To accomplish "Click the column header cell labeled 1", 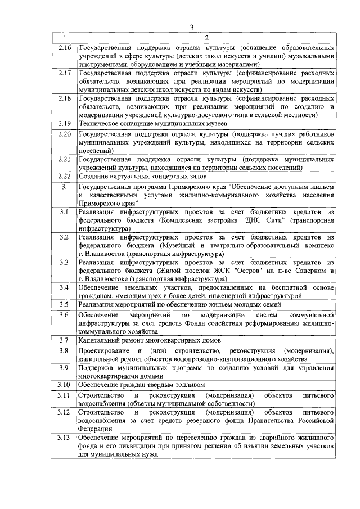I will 65,38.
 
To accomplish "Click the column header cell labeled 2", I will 206,38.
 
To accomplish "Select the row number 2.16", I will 65,48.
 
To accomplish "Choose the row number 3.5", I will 65,304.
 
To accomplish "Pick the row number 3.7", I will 65,340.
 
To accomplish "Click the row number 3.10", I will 65,385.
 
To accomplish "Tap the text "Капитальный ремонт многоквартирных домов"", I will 150,340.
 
